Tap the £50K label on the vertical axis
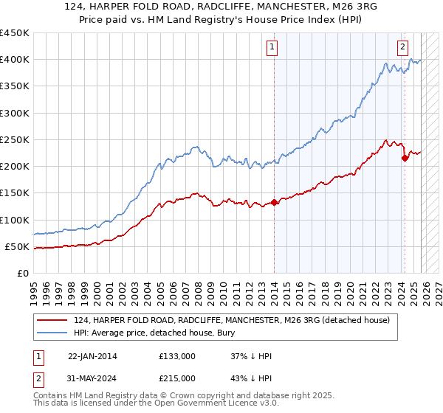(16, 246)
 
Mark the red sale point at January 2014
(274, 202)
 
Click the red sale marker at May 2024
(405, 158)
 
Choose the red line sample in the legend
(52, 320)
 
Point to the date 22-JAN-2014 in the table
(92, 356)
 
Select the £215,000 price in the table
(176, 378)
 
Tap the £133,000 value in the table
(176, 356)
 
